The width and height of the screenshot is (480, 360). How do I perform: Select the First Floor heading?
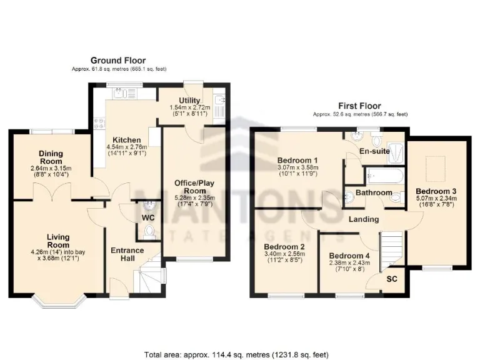click(x=359, y=106)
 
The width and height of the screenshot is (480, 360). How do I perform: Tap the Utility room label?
click(x=189, y=100)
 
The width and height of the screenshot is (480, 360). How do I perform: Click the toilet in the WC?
click(x=148, y=232)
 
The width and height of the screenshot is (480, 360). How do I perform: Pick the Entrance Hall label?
click(x=127, y=254)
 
